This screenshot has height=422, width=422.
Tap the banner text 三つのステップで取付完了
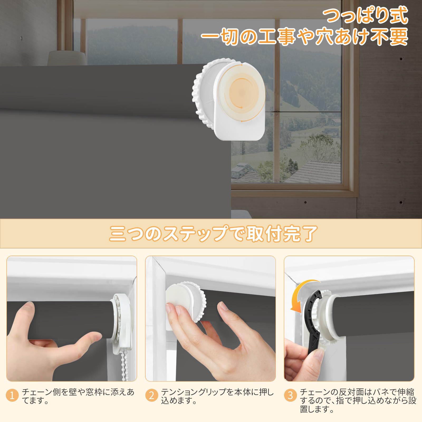click(x=213, y=234)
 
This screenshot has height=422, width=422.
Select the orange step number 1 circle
click(x=12, y=396)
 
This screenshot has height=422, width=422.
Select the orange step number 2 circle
click(x=151, y=396)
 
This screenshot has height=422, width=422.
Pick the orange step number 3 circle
click(x=290, y=396)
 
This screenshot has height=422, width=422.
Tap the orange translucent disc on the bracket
click(x=242, y=92)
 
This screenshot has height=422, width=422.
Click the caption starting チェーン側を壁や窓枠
click(x=78, y=396)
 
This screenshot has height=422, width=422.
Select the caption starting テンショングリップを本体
click(x=217, y=396)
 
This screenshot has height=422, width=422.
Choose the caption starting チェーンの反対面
click(x=357, y=400)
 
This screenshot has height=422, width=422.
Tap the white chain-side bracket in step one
click(x=122, y=324)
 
